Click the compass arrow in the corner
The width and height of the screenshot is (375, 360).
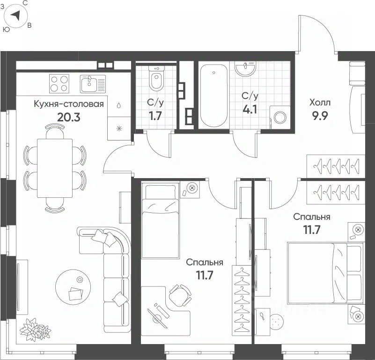click(16, 16)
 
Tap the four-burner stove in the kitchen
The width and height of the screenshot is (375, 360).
click(59, 83)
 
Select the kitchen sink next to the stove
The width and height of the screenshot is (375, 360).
click(93, 83)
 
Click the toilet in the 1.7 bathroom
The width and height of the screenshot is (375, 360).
click(156, 77)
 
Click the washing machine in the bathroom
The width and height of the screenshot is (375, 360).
click(280, 117)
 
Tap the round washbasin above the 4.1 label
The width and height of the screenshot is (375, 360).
click(245, 68)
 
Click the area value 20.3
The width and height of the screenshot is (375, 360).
click(69, 117)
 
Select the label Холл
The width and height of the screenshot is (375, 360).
click(320, 103)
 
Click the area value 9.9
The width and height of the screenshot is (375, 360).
click(319, 116)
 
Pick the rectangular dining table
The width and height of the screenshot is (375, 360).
click(55, 168)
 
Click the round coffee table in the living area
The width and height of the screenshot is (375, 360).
click(73, 287)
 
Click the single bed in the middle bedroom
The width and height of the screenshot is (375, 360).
click(160, 220)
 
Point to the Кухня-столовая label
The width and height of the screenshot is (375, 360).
click(69, 104)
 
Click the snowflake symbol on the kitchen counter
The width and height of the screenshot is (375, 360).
click(119, 129)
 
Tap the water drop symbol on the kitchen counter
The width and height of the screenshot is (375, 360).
click(119, 105)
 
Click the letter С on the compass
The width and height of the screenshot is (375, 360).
click(25, 3)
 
